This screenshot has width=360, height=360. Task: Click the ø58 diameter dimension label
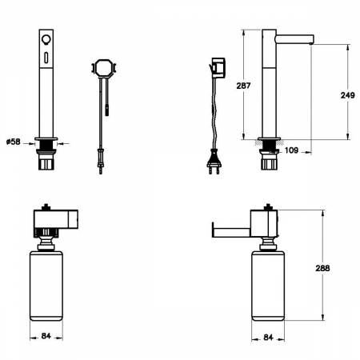[14, 142]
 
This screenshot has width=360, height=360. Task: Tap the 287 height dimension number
[243, 86]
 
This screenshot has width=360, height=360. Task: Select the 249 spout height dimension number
[348, 95]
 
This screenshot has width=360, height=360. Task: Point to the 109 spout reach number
[291, 150]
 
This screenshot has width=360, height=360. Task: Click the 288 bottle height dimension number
[322, 268]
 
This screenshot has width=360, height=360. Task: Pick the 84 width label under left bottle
[46, 336]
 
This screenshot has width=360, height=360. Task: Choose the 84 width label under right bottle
[268, 338]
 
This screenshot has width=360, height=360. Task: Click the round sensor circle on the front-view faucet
[46, 39]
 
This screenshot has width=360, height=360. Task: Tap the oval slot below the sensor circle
[46, 58]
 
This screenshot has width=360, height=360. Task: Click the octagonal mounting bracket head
[104, 68]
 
